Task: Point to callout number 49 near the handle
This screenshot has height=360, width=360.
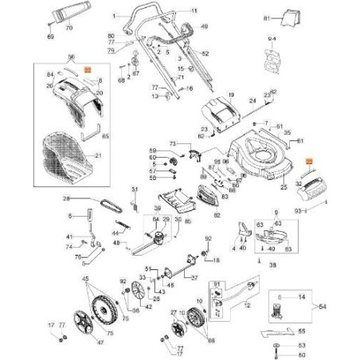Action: click(204, 27)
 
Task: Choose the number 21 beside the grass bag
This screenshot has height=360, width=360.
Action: click(99, 155)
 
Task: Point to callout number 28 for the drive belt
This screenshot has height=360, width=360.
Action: click(67, 198)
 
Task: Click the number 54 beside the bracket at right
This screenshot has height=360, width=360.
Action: click(345, 306)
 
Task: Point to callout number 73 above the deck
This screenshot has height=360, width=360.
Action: click(171, 142)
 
